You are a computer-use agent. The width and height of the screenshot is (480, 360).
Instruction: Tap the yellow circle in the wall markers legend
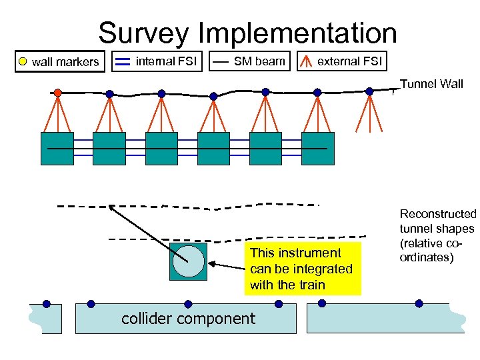click(x=22, y=62)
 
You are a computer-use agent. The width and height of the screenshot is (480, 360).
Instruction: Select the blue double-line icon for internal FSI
click(x=122, y=62)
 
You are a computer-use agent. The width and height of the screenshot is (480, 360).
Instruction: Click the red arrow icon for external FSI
click(x=307, y=62)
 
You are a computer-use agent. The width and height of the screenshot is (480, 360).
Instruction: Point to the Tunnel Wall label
click(x=431, y=84)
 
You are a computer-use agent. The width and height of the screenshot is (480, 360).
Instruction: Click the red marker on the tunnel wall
click(x=58, y=92)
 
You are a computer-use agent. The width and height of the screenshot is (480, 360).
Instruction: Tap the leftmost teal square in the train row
click(x=57, y=148)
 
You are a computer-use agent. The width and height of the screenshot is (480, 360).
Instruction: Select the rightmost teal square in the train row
click(x=317, y=148)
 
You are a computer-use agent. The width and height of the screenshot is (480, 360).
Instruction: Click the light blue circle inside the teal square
click(x=189, y=261)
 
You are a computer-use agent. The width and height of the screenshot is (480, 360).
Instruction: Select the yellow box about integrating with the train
click(x=302, y=269)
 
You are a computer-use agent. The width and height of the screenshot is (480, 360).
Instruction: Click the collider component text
click(x=188, y=319)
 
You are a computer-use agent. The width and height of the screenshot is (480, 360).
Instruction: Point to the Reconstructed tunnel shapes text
click(x=437, y=235)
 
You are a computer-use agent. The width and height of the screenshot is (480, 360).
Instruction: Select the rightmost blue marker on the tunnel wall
click(x=369, y=91)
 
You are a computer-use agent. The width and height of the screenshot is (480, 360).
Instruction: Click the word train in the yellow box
click(x=311, y=285)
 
